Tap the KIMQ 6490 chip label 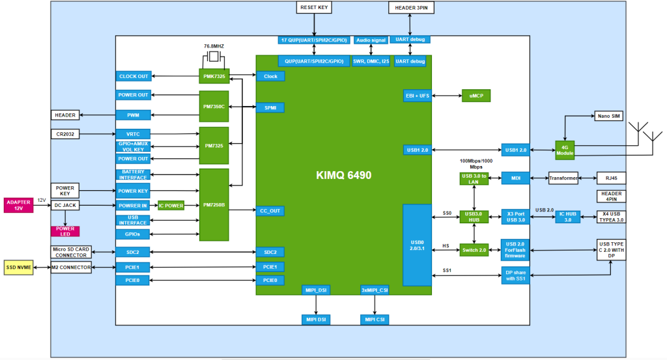pyautogui.click(x=343, y=176)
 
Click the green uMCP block pyautogui.click(x=476, y=96)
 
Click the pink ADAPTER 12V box pyautogui.click(x=18, y=206)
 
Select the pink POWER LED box pyautogui.click(x=65, y=230)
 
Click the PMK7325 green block pyautogui.click(x=214, y=76)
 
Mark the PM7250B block pyautogui.click(x=214, y=205)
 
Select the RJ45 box pyautogui.click(x=610, y=178)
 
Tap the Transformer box pyautogui.click(x=563, y=178)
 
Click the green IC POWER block pyautogui.click(x=171, y=206)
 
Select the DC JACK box pyautogui.click(x=65, y=206)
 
